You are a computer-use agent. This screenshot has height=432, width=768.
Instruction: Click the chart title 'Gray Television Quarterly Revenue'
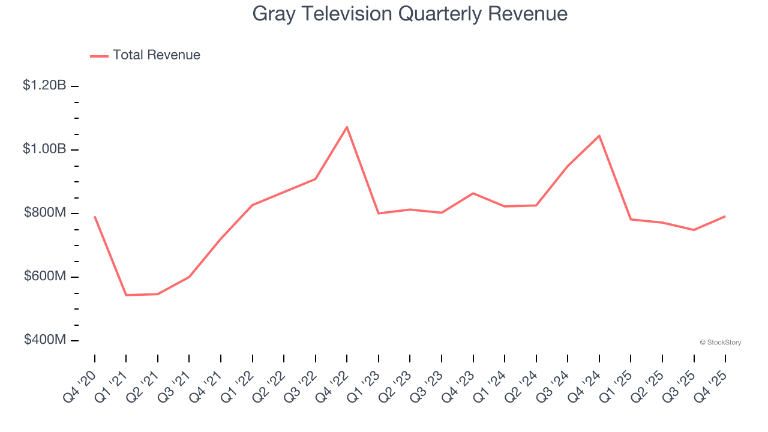point(410,14)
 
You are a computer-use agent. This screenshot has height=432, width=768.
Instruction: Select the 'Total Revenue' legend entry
point(156,55)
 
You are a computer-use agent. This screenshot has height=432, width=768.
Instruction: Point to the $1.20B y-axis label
point(44,86)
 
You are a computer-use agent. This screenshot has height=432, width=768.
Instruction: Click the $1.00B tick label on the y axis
point(44,149)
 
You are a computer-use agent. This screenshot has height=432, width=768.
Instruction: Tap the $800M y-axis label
point(45,212)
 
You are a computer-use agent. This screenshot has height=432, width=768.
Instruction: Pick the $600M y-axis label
point(45,276)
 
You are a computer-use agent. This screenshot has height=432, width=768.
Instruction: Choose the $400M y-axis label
point(45,340)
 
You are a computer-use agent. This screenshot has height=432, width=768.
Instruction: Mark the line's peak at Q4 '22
point(347,127)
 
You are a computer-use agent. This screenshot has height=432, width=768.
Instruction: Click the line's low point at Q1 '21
point(126,295)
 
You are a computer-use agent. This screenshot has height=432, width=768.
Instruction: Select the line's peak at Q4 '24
point(599,136)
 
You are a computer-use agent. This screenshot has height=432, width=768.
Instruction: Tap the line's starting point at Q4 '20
point(95,217)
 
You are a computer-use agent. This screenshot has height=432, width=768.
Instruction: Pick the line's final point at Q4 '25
point(725,216)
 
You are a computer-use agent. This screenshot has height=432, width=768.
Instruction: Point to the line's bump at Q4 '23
point(473,193)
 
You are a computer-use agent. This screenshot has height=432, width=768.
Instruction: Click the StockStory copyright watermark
point(720,343)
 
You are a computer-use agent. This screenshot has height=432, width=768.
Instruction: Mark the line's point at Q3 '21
point(189,277)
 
